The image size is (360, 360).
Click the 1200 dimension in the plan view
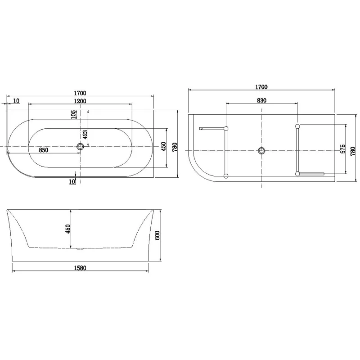(81, 101)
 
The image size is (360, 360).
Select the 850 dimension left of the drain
(43, 151)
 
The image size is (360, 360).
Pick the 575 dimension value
(342, 149)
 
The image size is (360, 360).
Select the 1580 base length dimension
(79, 268)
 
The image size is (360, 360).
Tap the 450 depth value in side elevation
(68, 229)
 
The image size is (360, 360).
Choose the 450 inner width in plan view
(164, 146)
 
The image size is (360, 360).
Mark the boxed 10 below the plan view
(72, 181)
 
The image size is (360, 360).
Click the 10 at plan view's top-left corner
(16, 100)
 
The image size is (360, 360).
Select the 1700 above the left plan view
(81, 93)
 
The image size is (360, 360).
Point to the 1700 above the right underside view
(261, 87)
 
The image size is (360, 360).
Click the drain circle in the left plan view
(81, 147)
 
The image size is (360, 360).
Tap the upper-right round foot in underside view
(297, 126)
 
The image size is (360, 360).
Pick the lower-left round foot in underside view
(226, 175)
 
